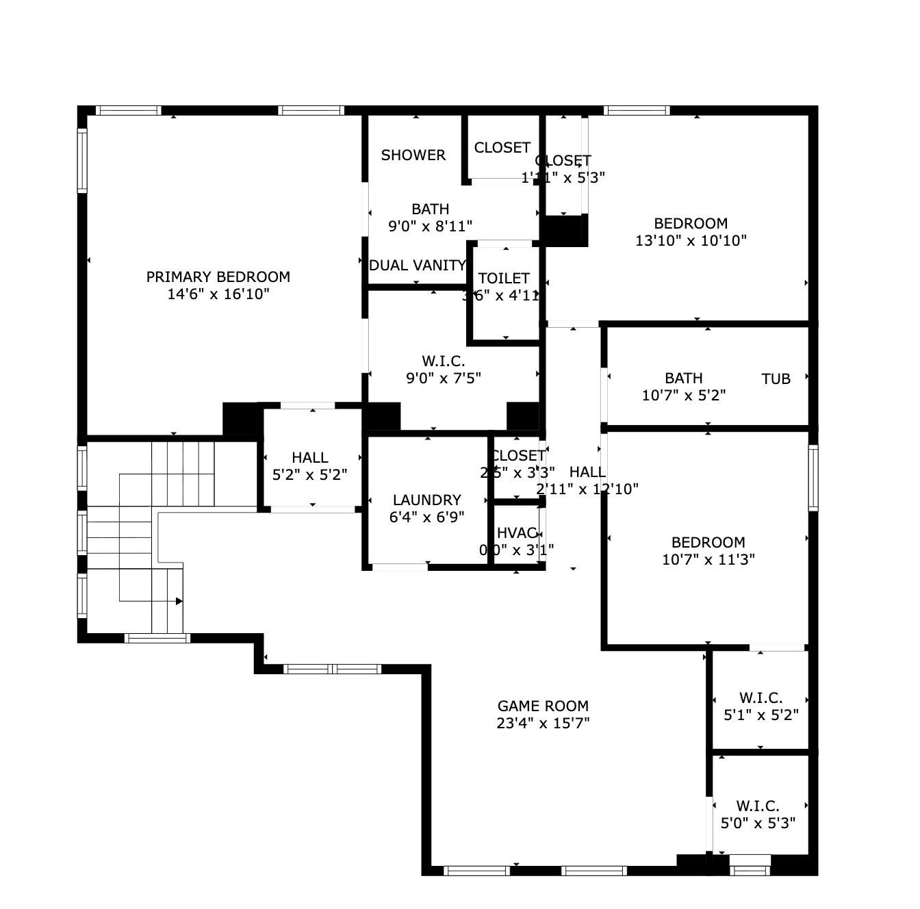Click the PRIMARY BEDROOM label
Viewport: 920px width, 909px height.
[x=218, y=277]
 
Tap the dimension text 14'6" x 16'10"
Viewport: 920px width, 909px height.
[x=218, y=294]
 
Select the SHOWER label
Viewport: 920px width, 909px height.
[x=413, y=155]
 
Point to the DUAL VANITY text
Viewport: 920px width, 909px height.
[x=417, y=266]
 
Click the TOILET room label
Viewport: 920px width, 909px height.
[x=504, y=278]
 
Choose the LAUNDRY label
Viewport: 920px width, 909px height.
[x=426, y=500]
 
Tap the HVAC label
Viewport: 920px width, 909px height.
[x=516, y=533]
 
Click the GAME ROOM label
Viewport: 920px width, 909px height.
[x=543, y=706]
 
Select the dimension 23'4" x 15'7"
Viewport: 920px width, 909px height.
[x=543, y=724]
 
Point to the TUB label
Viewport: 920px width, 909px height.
[x=776, y=379]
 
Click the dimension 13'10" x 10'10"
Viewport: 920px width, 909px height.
[x=691, y=241]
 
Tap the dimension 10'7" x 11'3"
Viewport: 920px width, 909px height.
[x=708, y=560]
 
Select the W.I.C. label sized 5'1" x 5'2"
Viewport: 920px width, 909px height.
[x=761, y=697]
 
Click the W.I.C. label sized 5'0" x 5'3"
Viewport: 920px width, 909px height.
[x=758, y=806]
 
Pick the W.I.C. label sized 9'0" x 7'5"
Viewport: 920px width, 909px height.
[x=443, y=361]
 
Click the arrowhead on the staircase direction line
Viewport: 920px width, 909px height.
[x=179, y=601]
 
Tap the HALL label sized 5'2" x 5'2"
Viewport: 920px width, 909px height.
[x=309, y=457]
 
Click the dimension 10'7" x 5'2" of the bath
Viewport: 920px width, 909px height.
[x=683, y=396]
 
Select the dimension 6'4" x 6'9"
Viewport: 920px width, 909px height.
[x=426, y=517]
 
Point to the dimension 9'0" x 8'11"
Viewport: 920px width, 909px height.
[x=430, y=227]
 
